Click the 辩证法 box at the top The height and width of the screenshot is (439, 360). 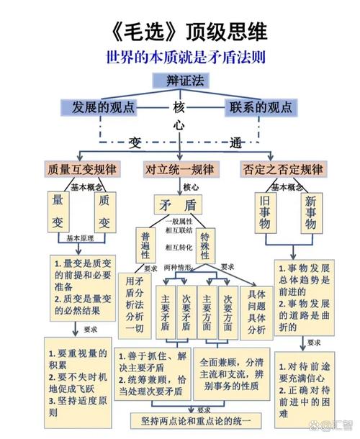tap(181, 81)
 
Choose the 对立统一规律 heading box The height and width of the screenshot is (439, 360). tap(180, 170)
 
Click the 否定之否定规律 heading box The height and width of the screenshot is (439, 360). tap(282, 170)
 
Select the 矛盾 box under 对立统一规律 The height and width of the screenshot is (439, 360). tap(179, 205)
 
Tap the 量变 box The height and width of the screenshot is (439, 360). tap(58, 211)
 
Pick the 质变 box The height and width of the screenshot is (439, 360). tap(104, 211)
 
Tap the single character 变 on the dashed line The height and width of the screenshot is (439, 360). tap(135, 142)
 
